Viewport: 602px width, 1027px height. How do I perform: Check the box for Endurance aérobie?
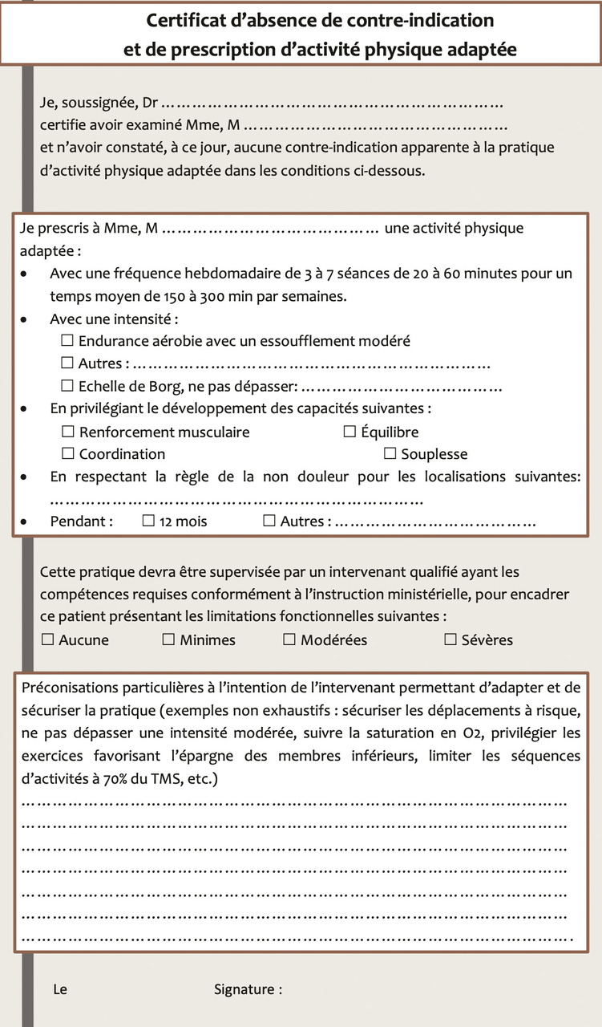67,341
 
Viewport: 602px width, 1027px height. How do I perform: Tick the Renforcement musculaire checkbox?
67,432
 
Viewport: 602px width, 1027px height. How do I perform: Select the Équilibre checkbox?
349,432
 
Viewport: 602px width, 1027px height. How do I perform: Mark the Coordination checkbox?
67,454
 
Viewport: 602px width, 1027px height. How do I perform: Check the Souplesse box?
390,454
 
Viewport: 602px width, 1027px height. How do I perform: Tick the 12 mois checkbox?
148,522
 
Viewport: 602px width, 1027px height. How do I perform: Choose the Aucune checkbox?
47,640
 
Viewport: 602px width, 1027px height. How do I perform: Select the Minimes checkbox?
168,640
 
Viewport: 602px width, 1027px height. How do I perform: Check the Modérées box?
289,640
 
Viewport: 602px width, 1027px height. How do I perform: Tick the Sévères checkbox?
450,640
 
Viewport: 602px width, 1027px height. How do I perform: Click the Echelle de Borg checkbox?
67,387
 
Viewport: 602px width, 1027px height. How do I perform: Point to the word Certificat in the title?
185,19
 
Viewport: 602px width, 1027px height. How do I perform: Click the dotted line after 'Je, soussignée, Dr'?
333,104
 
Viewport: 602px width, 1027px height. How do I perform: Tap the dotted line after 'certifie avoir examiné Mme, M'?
374,126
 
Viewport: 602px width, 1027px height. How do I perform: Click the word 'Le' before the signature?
60,989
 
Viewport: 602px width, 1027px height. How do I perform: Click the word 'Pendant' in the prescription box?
81,522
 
